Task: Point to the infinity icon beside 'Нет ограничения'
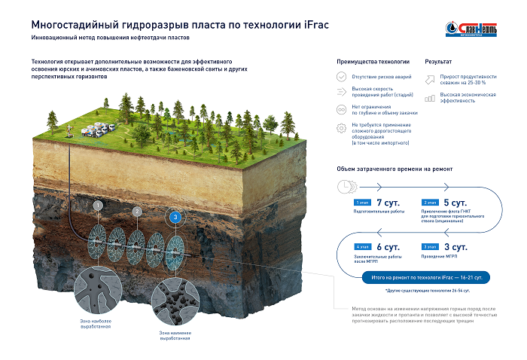coord(341,109)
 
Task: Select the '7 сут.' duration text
coord(388,203)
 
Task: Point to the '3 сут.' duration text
coord(456,246)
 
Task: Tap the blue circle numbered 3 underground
coord(175,218)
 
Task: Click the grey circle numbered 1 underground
coord(97,205)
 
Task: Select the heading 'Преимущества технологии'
coord(373,60)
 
